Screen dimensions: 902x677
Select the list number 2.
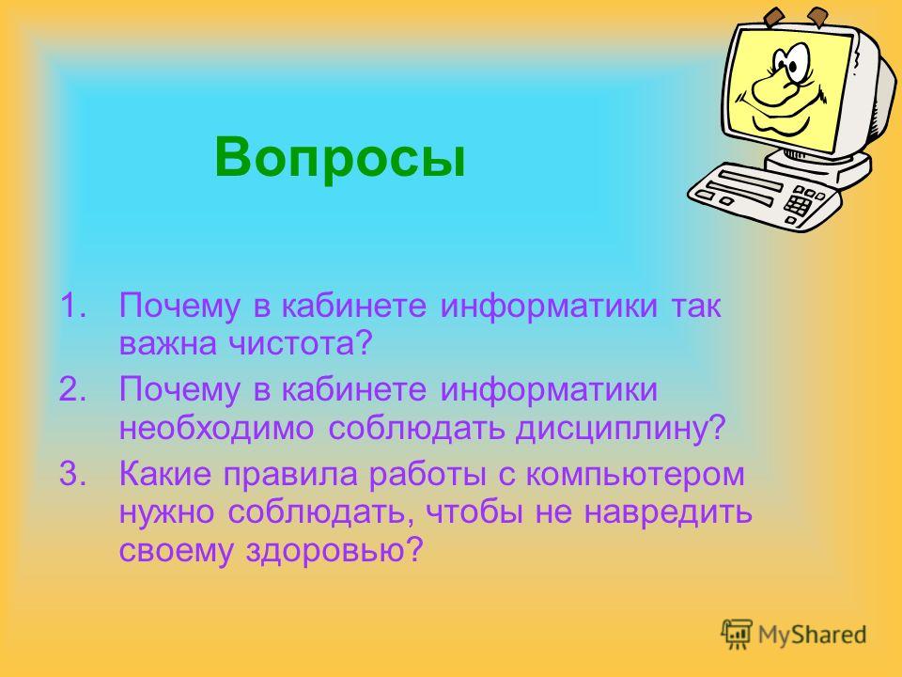(73, 388)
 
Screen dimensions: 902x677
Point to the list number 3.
(73, 474)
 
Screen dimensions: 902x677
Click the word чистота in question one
(300, 344)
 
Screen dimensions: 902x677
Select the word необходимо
(216, 428)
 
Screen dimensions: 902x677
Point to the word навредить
(668, 512)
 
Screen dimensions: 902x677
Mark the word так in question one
(695, 306)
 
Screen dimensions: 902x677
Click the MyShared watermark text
(812, 635)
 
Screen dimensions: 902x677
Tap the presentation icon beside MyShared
(737, 634)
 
